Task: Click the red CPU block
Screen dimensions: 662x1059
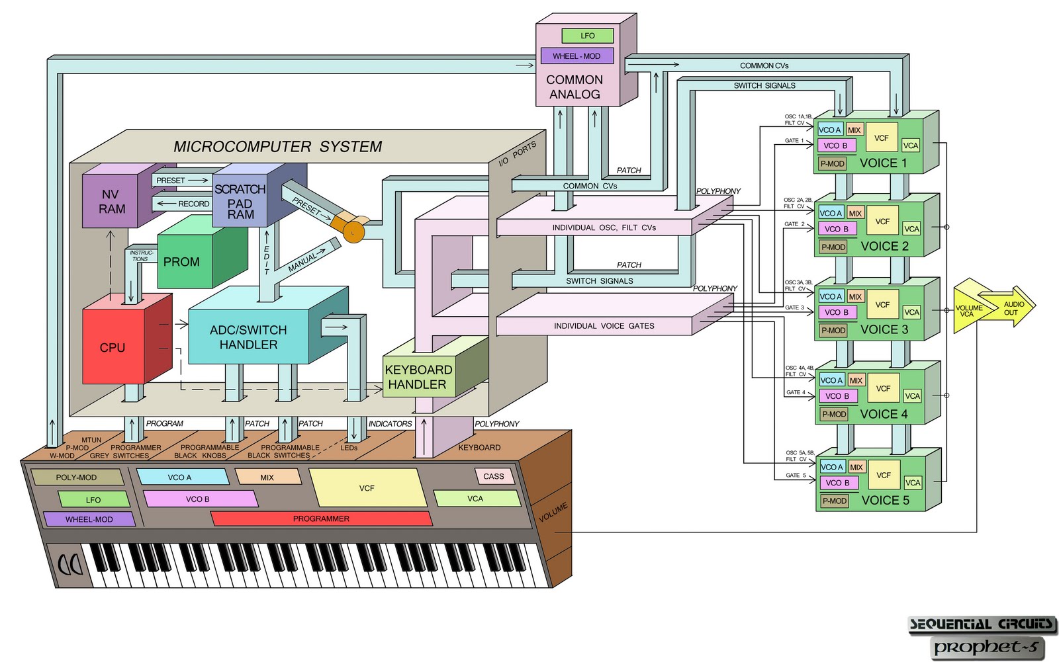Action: coord(113,347)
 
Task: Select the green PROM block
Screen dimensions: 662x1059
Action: coord(182,262)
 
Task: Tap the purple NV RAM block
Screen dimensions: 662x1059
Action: coord(111,202)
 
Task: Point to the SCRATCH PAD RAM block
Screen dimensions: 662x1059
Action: coord(240,201)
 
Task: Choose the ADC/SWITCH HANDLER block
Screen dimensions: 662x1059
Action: coord(248,337)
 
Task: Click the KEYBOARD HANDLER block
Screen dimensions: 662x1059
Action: coord(418,377)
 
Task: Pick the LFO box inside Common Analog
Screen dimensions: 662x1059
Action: coord(588,36)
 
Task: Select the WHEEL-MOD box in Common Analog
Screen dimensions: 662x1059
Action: coord(576,56)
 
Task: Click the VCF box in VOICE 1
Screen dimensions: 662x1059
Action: coord(881,138)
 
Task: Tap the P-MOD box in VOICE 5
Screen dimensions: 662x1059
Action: coord(834,501)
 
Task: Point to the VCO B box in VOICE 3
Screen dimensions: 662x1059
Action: coord(837,312)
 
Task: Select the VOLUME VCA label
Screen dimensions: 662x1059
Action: coord(968,311)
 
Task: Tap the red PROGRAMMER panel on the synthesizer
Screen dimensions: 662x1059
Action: coord(321,519)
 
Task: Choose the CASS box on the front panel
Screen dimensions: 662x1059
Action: coord(494,476)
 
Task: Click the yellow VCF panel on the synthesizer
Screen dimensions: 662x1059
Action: coord(367,488)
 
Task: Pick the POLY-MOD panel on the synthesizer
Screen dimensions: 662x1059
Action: coord(76,477)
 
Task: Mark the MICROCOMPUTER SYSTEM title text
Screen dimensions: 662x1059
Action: coord(277,147)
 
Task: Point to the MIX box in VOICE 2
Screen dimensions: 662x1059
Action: coord(855,214)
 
